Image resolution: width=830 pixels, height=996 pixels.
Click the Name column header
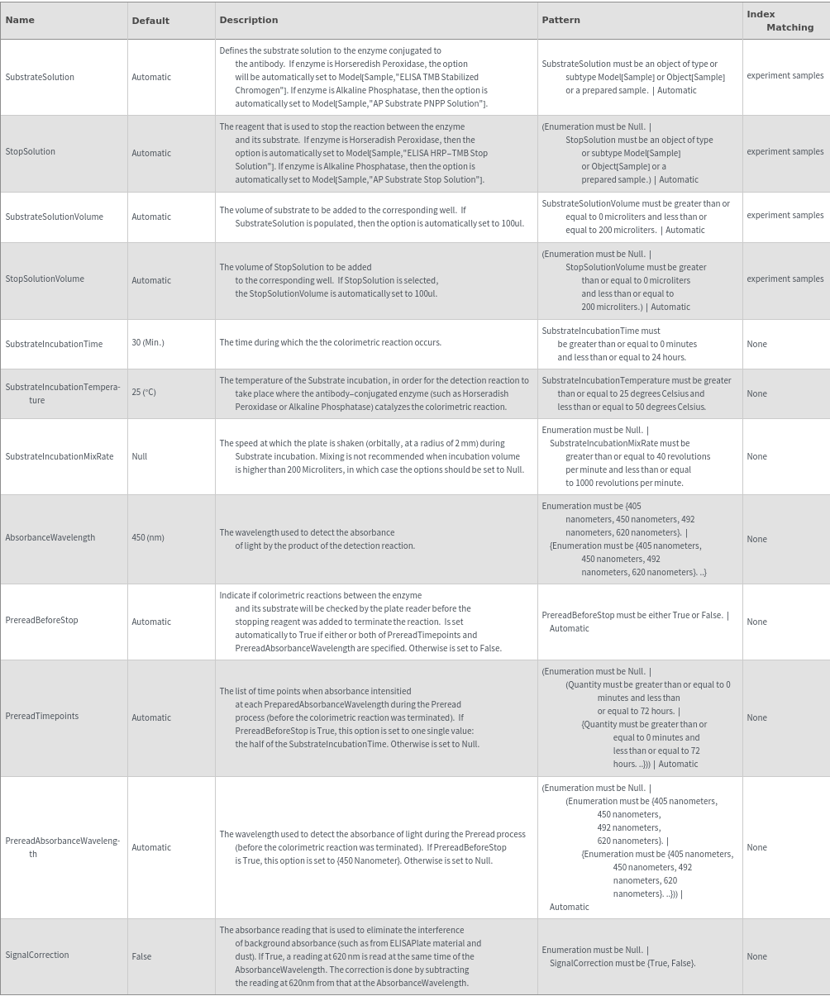pyautogui.click(x=20, y=20)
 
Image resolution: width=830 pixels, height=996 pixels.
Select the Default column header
pyautogui.click(x=150, y=21)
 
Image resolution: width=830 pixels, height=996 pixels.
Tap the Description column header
pyautogui.click(x=249, y=20)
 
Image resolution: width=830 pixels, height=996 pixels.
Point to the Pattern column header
pyautogui.click(x=560, y=20)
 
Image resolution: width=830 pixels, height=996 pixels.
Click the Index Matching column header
pyautogui.click(x=780, y=21)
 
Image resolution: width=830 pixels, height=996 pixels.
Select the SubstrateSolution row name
pyautogui.click(x=40, y=77)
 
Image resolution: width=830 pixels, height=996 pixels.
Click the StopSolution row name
pyautogui.click(x=31, y=151)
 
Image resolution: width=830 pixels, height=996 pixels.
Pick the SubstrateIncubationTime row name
pyautogui.click(x=54, y=344)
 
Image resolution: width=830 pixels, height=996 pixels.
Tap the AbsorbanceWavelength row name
pyautogui.click(x=50, y=537)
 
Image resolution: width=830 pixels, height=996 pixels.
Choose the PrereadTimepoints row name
pyautogui.click(x=42, y=716)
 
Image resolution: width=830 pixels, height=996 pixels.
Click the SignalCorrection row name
pyautogui.click(x=37, y=955)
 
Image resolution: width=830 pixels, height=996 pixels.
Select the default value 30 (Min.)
pyautogui.click(x=148, y=342)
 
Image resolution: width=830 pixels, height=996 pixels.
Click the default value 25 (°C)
pyautogui.click(x=144, y=392)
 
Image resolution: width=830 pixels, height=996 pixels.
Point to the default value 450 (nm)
pyautogui.click(x=148, y=537)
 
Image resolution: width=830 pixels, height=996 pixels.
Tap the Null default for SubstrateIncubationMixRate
pyautogui.click(x=140, y=456)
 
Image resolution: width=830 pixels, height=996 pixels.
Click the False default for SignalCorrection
pyautogui.click(x=141, y=956)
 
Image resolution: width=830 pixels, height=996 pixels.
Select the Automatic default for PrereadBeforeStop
pyautogui.click(x=151, y=622)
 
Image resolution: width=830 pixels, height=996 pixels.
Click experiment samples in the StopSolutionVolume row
pyautogui.click(x=785, y=279)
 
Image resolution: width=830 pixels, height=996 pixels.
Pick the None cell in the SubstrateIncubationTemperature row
pyautogui.click(x=756, y=393)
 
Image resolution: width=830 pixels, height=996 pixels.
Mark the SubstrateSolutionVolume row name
pyautogui.click(x=55, y=217)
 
